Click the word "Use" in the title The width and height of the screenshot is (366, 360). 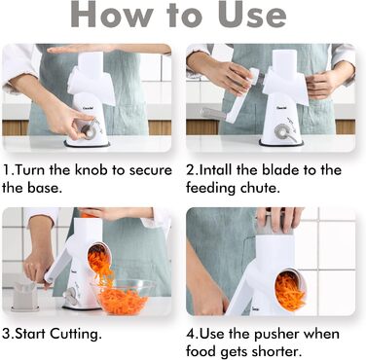252,15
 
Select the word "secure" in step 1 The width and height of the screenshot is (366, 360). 151,171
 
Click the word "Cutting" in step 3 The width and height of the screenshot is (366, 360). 75,335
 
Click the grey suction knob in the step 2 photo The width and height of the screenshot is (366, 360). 281,132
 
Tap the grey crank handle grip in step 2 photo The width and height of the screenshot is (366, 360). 212,114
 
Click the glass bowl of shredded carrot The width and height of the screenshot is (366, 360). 123,297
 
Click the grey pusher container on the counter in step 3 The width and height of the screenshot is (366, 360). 24,296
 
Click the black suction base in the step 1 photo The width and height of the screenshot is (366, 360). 87,145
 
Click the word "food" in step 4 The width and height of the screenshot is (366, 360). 201,351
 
